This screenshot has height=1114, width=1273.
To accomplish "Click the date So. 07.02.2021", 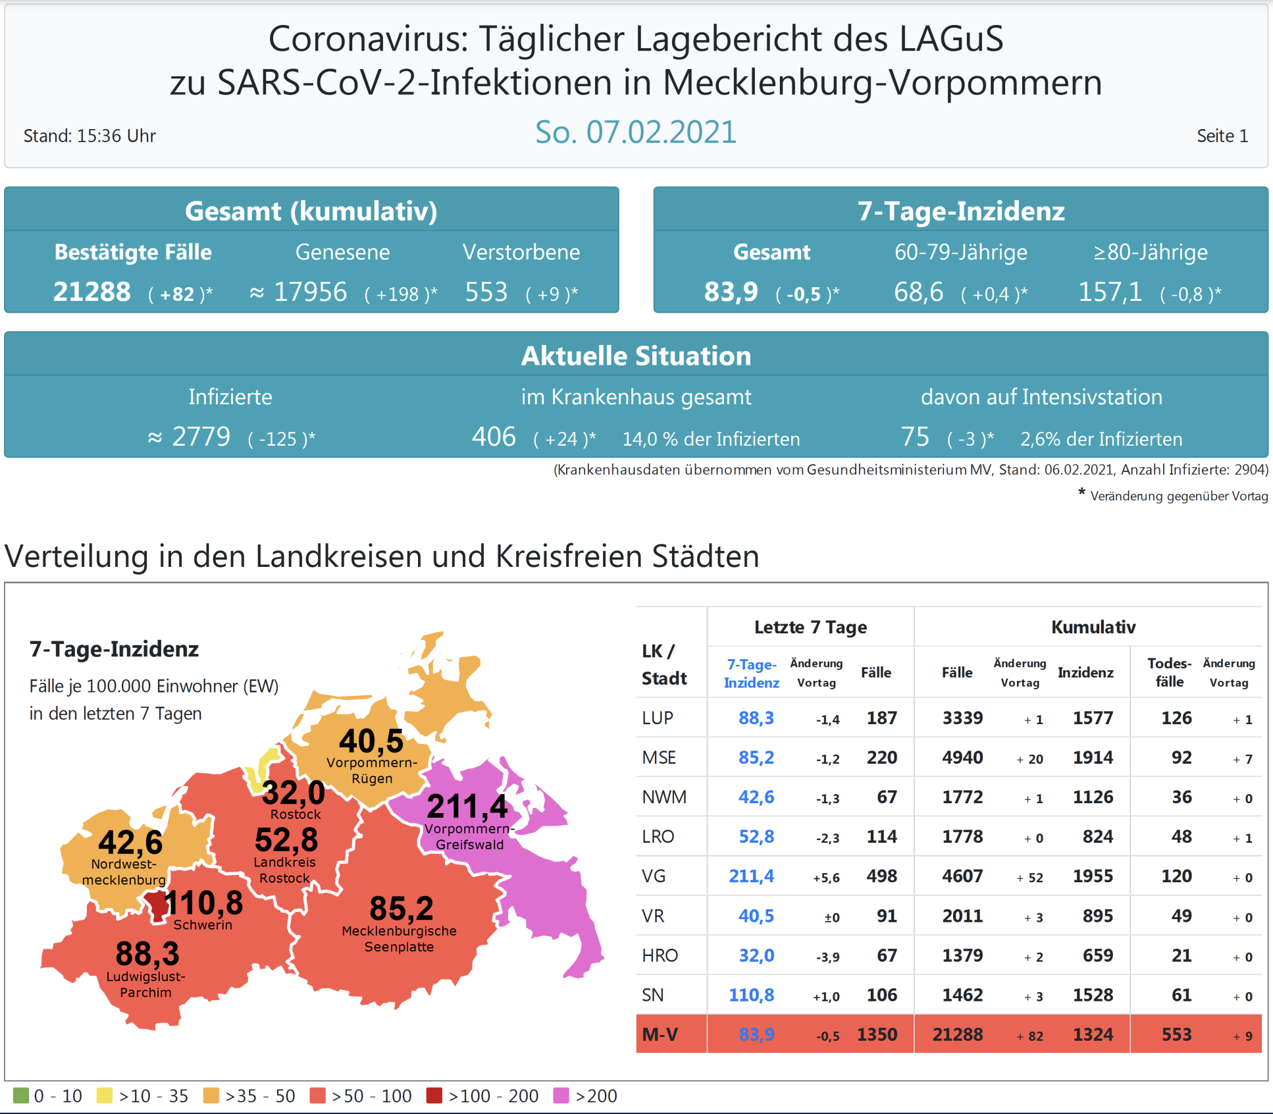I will (x=635, y=132).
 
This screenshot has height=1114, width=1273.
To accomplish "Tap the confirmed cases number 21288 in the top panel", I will (x=92, y=292).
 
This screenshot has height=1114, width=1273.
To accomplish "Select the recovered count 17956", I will (x=310, y=292).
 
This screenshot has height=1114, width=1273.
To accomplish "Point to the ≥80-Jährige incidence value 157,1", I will (x=1110, y=292).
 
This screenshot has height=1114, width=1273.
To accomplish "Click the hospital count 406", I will (x=494, y=437).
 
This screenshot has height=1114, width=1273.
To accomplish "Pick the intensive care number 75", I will (x=915, y=437).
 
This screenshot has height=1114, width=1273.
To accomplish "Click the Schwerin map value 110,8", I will (x=203, y=903).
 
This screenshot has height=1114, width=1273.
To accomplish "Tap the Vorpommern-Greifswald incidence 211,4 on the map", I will (x=467, y=807).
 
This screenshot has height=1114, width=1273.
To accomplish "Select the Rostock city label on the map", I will (x=296, y=814).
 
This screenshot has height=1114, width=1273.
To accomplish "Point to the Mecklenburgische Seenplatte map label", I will (x=399, y=939).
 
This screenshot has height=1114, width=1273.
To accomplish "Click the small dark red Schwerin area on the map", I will (x=157, y=905).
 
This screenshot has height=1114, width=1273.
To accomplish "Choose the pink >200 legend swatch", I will (x=561, y=1096).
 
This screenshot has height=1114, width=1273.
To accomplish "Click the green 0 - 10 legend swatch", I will (x=21, y=1096).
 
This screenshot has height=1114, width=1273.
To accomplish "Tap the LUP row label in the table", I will (x=658, y=718).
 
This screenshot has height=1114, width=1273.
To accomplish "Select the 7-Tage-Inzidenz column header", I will (x=751, y=674).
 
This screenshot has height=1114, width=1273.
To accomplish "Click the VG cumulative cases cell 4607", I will (x=962, y=876).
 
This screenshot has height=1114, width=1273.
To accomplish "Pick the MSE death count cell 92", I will (x=1182, y=757).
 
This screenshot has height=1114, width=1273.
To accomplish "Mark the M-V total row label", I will (x=660, y=1034).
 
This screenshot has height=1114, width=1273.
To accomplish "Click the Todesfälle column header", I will (x=1169, y=672).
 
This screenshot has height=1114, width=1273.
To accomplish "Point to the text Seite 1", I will (x=1222, y=136).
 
